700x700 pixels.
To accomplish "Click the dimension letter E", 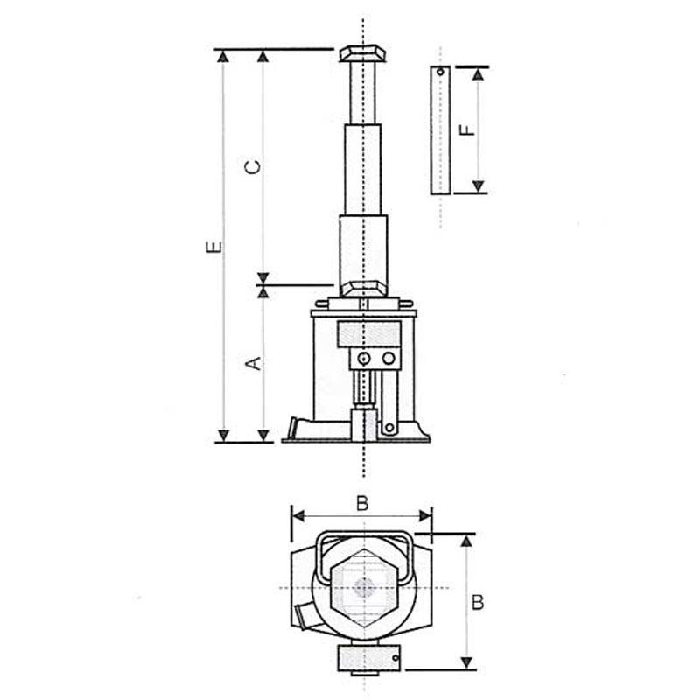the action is coord(214,247).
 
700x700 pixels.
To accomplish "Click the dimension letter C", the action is coord(253,167).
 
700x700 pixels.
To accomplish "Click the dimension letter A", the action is coord(254,363).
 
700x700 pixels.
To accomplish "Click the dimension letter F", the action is coord(467,129).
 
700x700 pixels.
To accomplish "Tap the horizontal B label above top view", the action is coord(362,504).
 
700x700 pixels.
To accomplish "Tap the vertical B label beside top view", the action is coord(478,603).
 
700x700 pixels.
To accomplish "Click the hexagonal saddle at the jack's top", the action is coord(362,53).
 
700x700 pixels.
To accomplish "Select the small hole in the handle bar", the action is coord(441,72).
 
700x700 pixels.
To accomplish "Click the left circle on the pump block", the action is coord(364,359).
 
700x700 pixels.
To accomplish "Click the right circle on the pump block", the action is coord(388,359).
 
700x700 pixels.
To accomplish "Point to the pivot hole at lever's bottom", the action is coord(389,428).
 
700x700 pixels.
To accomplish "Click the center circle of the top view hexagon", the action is coord(364,588).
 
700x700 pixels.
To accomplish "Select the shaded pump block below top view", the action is coord(368,658).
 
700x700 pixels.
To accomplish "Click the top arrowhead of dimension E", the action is coord(224,56).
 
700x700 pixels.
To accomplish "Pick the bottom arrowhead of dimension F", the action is coord(479,186).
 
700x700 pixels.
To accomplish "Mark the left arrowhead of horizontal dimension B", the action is coord(297,516).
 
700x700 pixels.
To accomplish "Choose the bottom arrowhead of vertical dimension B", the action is coord(466,663).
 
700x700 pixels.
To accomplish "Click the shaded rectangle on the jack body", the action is coord(369,333).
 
